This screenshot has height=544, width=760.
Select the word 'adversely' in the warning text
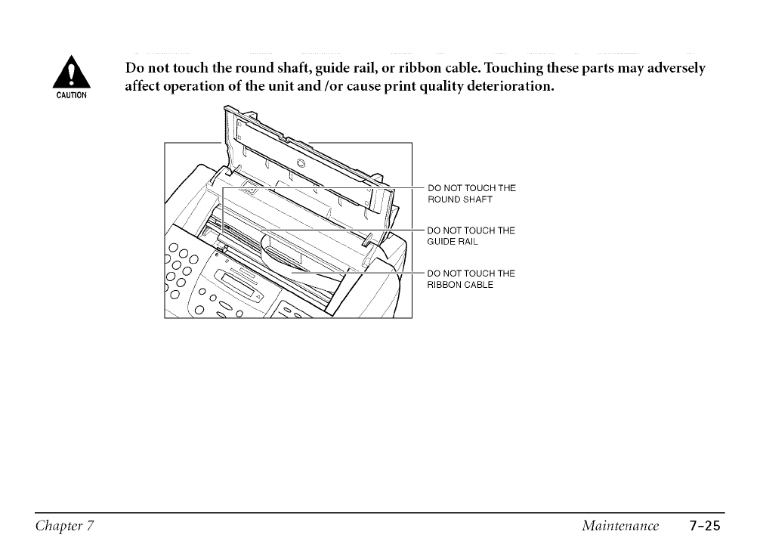[675, 69]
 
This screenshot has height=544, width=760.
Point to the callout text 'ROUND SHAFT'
[460, 199]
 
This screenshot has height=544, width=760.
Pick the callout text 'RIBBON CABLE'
[460, 285]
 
